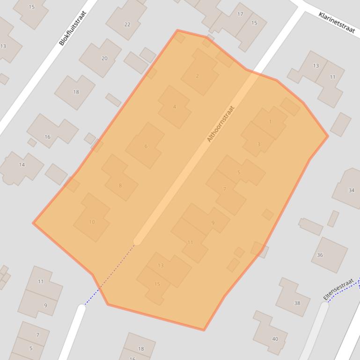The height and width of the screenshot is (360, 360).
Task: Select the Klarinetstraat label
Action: [337, 22]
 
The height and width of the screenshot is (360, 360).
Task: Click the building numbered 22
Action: [127, 24]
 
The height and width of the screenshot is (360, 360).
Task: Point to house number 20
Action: [104, 58]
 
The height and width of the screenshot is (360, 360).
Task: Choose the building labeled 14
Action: [22, 165]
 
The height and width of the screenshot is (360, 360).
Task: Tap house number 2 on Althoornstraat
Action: [197, 76]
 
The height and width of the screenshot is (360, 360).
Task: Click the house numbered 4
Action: [175, 107]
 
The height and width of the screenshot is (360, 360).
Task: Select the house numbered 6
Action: [146, 146]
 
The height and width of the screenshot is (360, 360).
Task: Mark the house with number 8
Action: [120, 186]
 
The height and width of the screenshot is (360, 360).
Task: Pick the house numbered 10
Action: [92, 222]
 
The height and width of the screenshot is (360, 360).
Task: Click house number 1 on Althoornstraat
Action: [270, 122]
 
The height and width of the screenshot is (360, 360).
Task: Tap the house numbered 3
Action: [258, 144]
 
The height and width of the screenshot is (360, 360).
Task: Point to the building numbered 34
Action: [351, 190]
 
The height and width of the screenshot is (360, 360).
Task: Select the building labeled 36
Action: [320, 255]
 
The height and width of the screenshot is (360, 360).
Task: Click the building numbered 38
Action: [297, 303]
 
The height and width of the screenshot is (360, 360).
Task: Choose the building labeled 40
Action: [275, 339]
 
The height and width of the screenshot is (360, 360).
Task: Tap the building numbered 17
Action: [240, 14]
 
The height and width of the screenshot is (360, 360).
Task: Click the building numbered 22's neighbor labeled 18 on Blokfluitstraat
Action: [76, 92]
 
